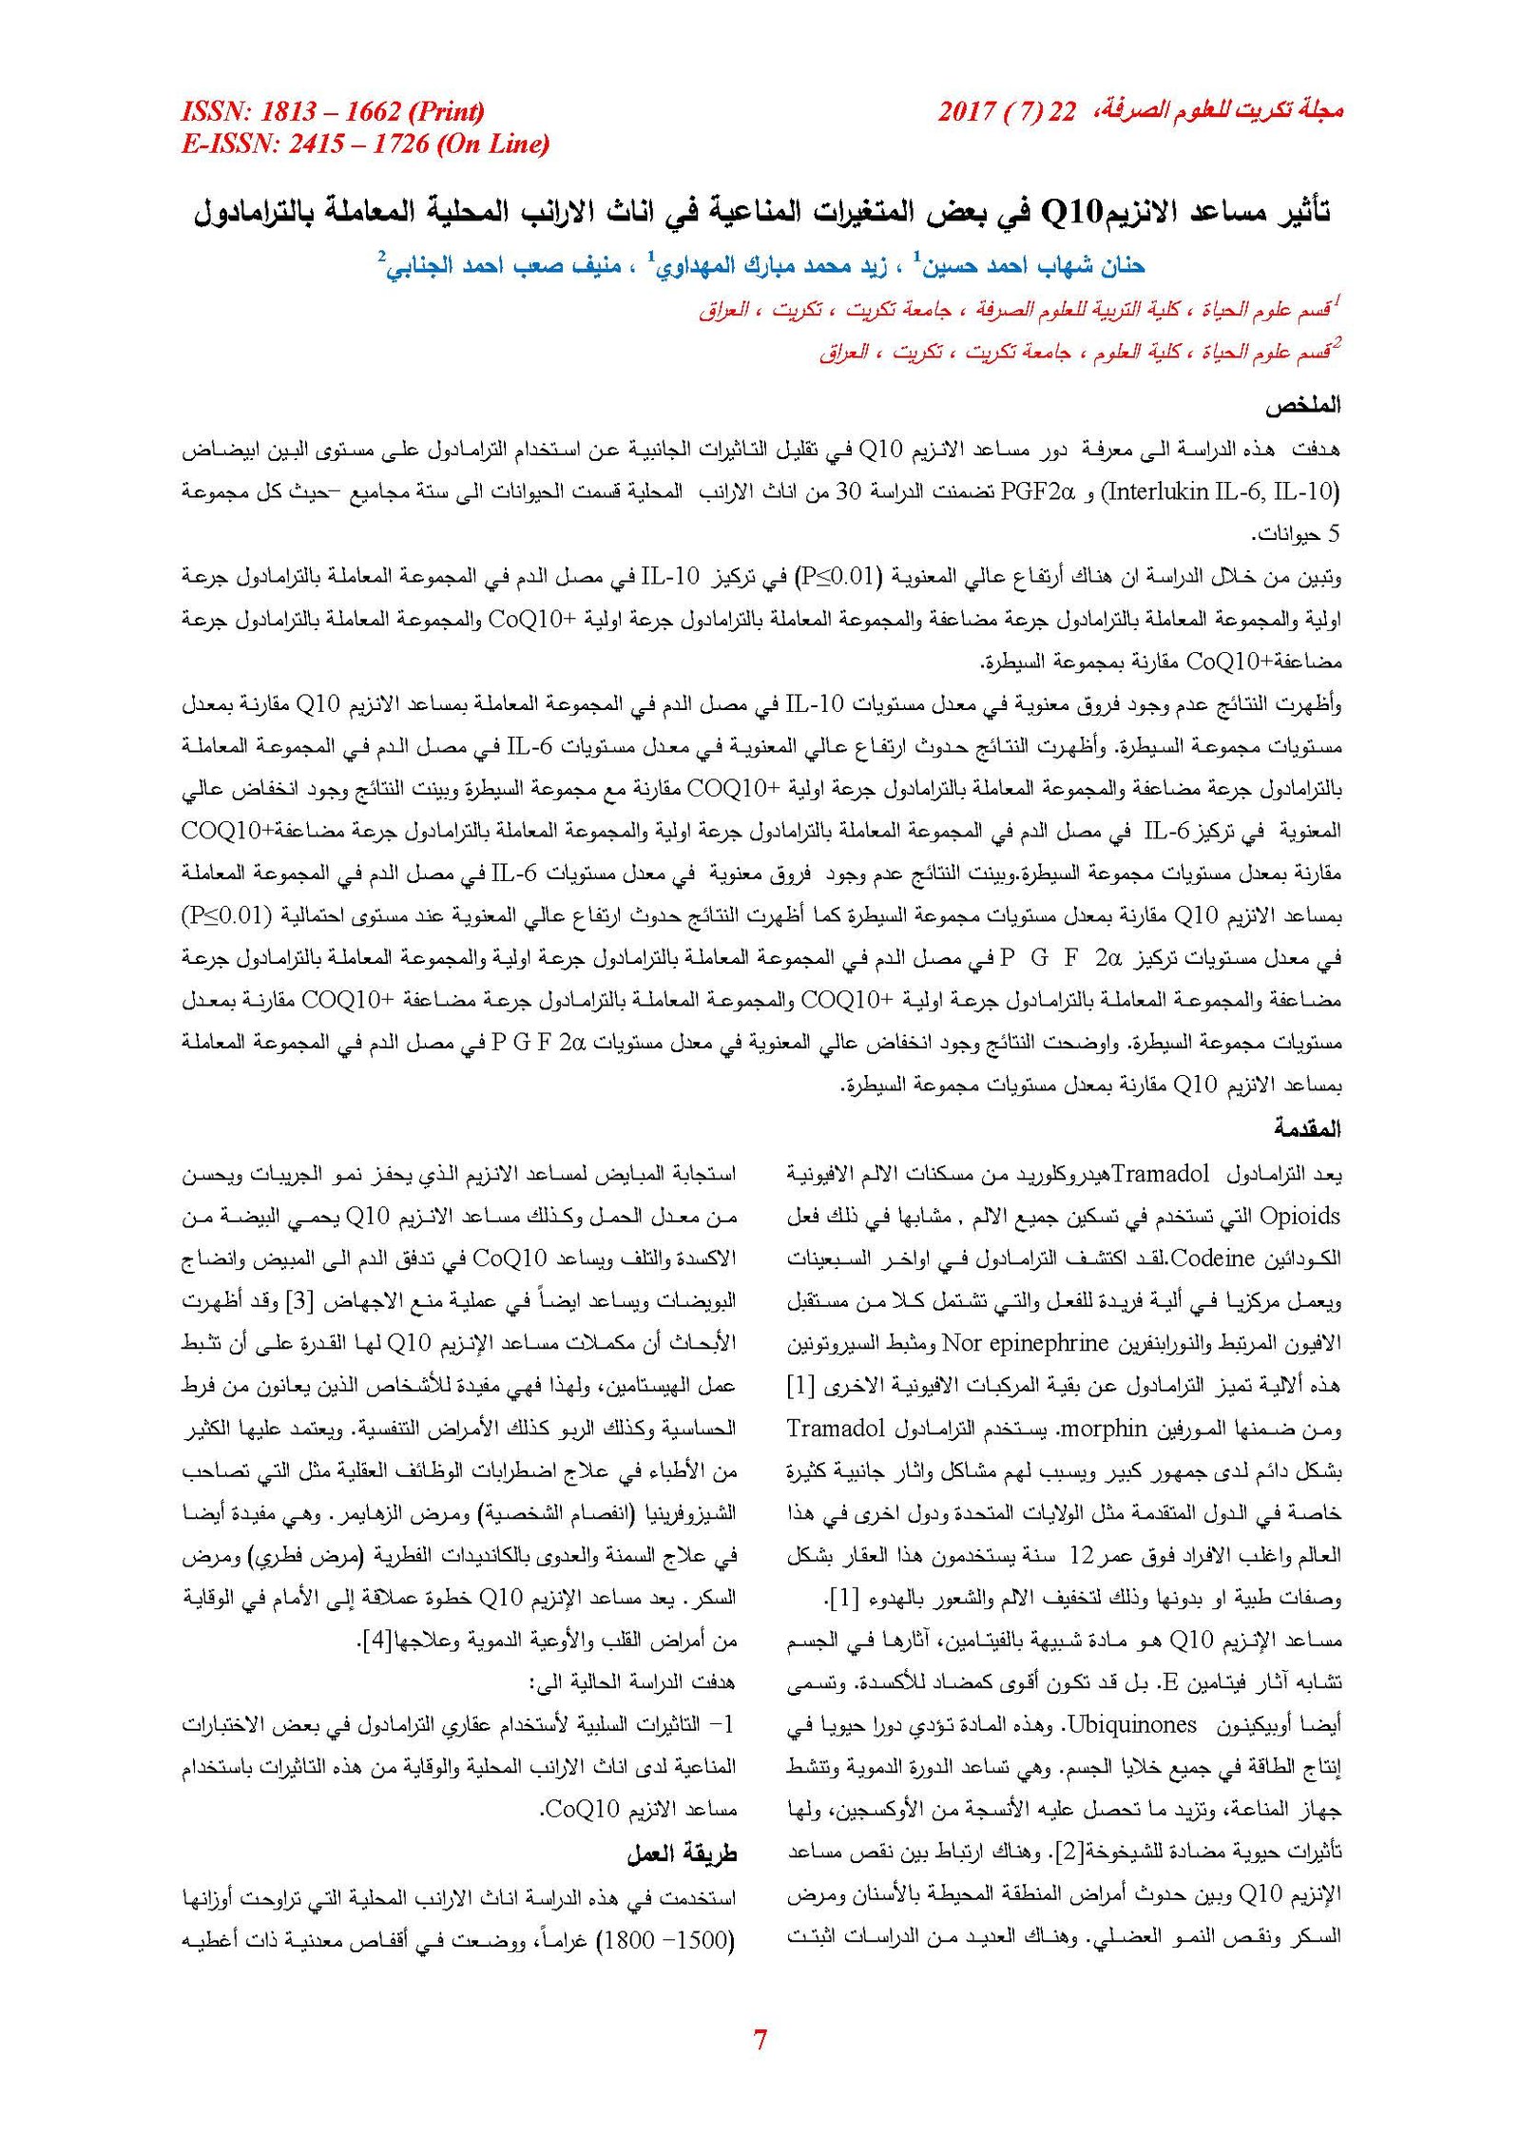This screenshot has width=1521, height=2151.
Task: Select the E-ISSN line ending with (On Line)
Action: pyautogui.click(x=365, y=144)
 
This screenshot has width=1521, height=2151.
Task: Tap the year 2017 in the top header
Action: pyautogui.click(x=967, y=112)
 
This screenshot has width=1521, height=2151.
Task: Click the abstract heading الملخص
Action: pyautogui.click(x=1302, y=406)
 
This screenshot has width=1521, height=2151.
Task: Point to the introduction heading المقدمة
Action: pyautogui.click(x=1307, y=1129)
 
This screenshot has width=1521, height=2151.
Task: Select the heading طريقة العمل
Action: pyautogui.click(x=682, y=1853)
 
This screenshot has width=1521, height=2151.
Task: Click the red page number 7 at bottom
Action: pyautogui.click(x=760, y=2040)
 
